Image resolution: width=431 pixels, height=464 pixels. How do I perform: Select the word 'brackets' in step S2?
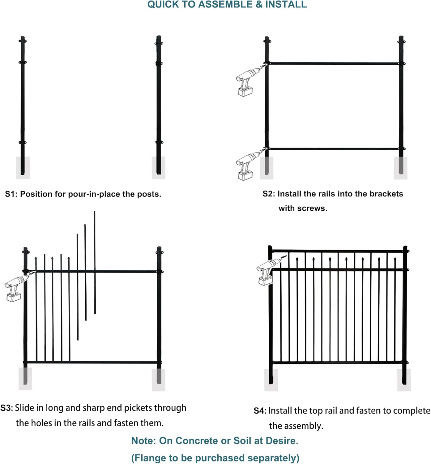click(x=386, y=194)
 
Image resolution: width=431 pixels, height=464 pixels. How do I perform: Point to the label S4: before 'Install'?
click(x=260, y=411)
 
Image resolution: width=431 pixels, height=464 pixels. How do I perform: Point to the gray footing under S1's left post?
click(x=23, y=168)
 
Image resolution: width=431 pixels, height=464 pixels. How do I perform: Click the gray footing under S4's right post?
click(x=404, y=380)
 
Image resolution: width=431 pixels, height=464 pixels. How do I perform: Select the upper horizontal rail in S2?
click(x=334, y=63)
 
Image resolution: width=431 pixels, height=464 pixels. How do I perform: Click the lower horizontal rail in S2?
click(x=334, y=149)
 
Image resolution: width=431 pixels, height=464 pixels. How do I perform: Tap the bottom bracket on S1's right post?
click(x=159, y=142)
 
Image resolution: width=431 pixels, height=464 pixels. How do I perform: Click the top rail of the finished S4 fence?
click(x=337, y=251)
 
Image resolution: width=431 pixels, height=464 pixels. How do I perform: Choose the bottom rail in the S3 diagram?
click(x=93, y=362)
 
